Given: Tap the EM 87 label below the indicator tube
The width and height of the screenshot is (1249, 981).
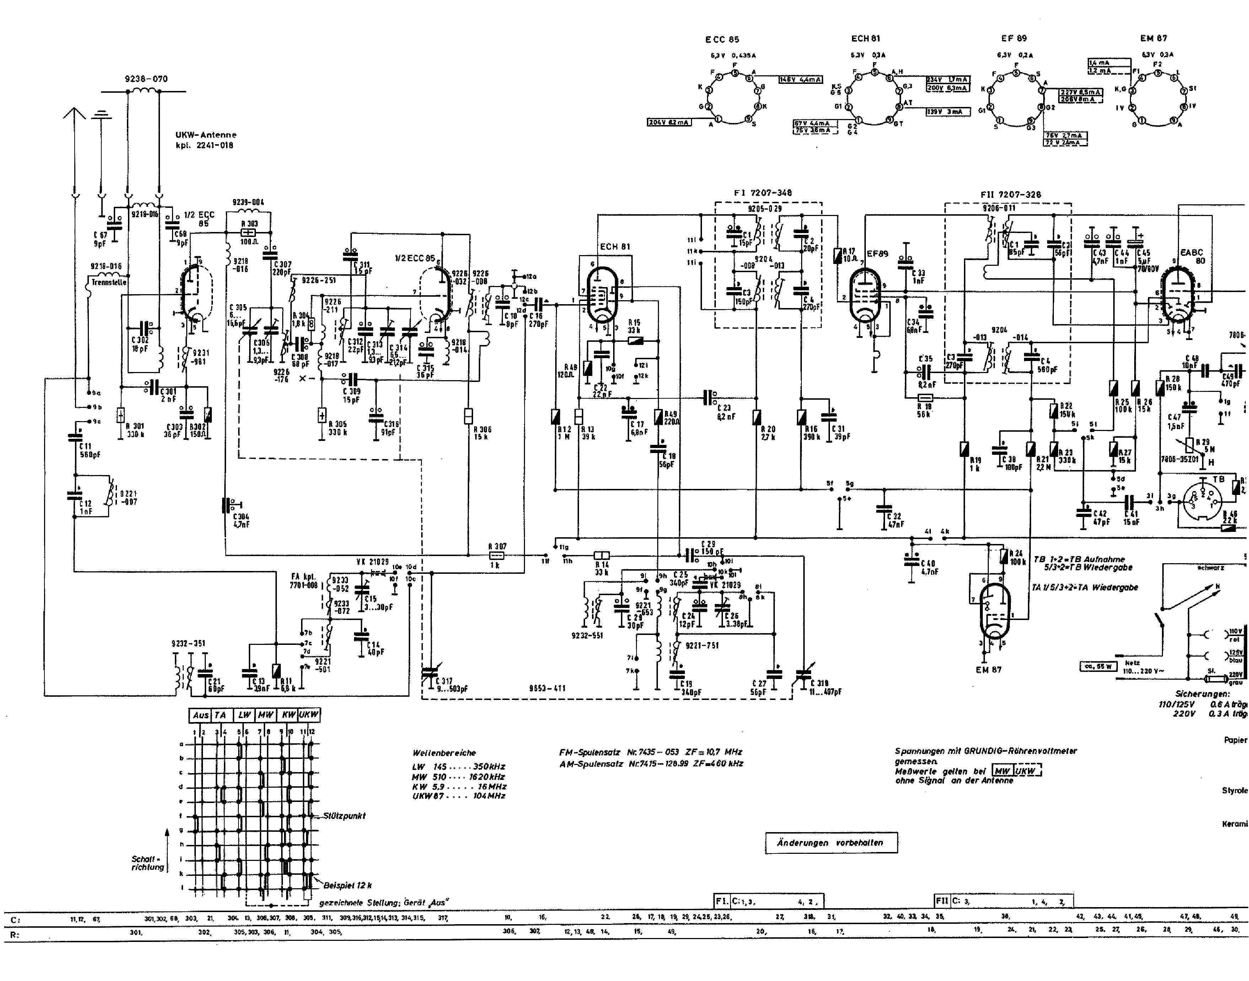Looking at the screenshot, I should pyautogui.click(x=988, y=670).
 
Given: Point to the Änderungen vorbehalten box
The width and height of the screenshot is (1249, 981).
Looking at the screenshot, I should pyautogui.click(x=831, y=842).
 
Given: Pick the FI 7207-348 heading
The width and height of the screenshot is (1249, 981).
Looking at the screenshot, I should pyautogui.click(x=762, y=193).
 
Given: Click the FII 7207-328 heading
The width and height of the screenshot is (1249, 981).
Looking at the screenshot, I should pyautogui.click(x=1010, y=195).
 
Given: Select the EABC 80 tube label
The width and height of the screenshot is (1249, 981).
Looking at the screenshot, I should pyautogui.click(x=1191, y=256).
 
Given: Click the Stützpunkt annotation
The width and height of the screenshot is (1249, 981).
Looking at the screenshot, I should pyautogui.click(x=344, y=815).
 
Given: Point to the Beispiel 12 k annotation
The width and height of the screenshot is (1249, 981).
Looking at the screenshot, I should pyautogui.click(x=347, y=885).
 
